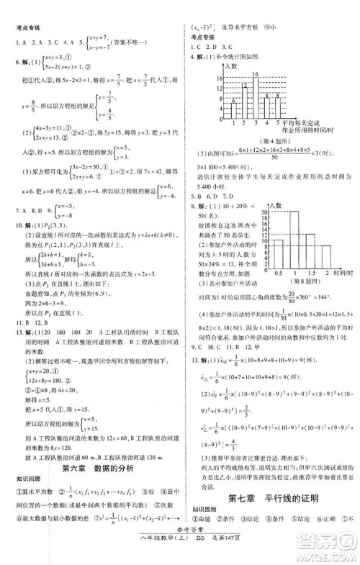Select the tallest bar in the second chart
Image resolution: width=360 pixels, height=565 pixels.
point(294,241)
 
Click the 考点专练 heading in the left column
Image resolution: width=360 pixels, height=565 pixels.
point(26,29)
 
